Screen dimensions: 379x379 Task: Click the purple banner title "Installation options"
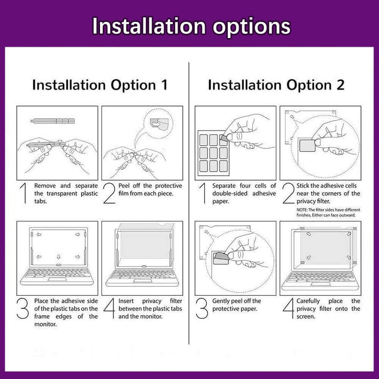point(190,25)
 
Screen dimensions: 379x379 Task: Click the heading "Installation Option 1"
point(99,85)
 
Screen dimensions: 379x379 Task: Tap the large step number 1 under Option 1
point(23,194)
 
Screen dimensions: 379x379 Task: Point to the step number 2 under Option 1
point(109,194)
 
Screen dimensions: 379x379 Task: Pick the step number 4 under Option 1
point(109,309)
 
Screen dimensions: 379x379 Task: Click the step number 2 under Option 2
point(287,194)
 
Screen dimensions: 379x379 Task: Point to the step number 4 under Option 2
point(287,309)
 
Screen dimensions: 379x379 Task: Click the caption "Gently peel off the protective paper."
point(236,305)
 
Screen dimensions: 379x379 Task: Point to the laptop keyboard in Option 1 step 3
point(57,275)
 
